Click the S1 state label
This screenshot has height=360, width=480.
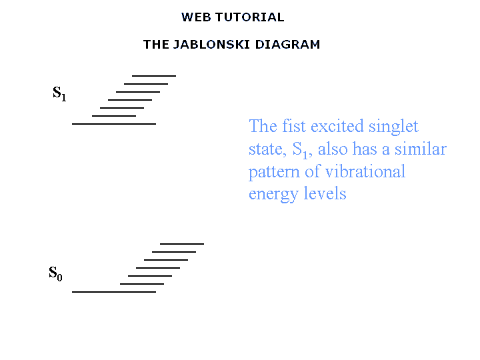59,93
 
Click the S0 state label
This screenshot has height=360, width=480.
55,273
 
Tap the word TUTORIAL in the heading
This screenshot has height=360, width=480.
250,17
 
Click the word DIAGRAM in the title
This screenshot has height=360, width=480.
287,45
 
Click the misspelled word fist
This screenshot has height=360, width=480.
293,126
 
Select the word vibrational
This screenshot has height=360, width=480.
365,171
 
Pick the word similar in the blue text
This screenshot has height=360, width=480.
420,149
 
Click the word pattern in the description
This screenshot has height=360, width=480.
274,173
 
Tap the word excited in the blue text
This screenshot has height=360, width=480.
337,126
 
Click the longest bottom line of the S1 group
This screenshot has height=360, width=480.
114,124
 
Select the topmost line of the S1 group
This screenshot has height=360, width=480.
154,75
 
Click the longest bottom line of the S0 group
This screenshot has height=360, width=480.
114,292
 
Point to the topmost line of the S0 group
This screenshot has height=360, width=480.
182,244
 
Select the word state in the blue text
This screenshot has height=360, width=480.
267,150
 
